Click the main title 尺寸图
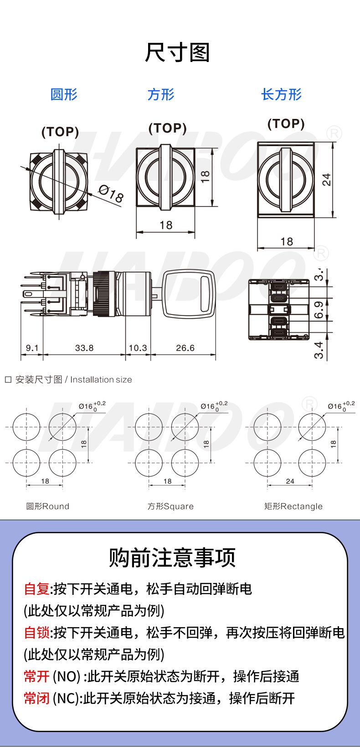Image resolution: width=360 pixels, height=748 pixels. (x=177, y=52)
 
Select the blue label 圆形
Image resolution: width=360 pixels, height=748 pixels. (x=64, y=94)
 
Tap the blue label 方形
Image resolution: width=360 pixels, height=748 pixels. (x=161, y=94)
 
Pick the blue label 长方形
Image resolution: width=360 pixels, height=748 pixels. (x=281, y=94)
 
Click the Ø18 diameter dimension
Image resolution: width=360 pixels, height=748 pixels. (x=111, y=194)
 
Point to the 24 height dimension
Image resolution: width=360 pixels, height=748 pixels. (x=327, y=180)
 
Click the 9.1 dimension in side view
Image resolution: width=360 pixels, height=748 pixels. (x=32, y=348)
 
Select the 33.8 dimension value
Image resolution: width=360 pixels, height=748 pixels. (x=84, y=348)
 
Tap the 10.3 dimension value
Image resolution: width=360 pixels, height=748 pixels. (x=138, y=348)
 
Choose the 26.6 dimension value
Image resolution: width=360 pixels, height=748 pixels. (x=185, y=348)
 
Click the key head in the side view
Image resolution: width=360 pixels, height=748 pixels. (x=189, y=294)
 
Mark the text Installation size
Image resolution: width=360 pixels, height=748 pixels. (x=101, y=380)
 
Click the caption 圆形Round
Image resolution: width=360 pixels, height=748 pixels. (x=48, y=506)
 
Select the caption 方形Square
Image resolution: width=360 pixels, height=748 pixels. (x=170, y=506)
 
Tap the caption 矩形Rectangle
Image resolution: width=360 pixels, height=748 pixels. (x=293, y=506)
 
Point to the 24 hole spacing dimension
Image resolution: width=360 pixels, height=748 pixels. (x=290, y=481)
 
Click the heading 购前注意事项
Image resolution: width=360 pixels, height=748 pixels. (x=172, y=557)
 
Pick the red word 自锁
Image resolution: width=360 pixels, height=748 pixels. (x=36, y=633)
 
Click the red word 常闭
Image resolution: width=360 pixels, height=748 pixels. (x=36, y=698)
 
